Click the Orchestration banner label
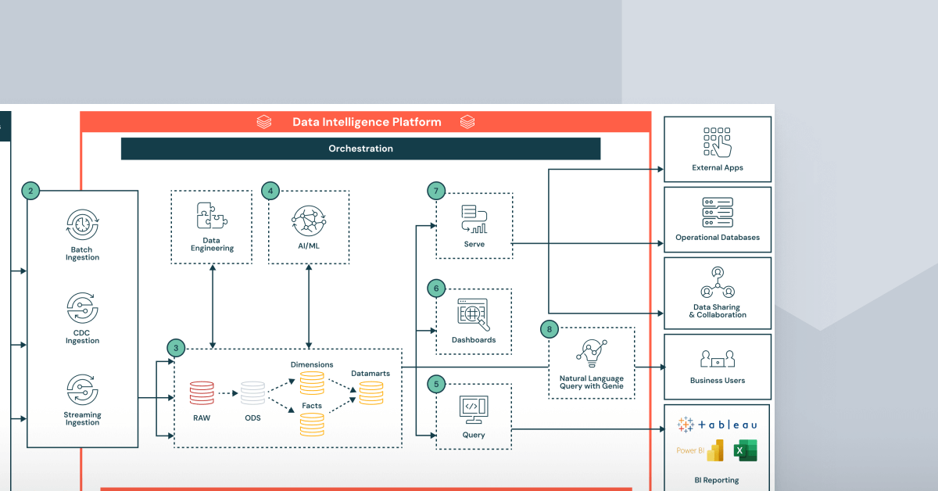coord(360,149)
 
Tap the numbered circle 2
coord(30,191)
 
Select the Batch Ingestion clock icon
coord(82,225)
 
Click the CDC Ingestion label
coord(82,336)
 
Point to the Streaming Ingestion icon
coord(82,389)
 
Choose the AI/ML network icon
coord(309,221)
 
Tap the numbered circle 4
coord(270,191)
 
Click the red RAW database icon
coord(202,392)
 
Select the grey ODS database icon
coord(252,392)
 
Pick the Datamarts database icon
coord(371,392)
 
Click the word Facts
coord(312,406)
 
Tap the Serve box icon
coord(474,219)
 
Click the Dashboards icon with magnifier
coord(473,314)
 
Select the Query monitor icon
coord(473,408)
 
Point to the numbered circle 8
coord(550,329)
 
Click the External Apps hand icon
coord(718,142)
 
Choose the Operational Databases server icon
coord(718,213)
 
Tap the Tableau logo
coord(717,425)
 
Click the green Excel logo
coord(745,450)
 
